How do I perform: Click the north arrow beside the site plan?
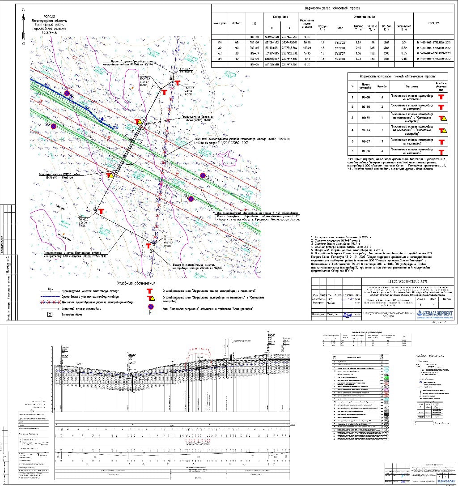coord(22,30)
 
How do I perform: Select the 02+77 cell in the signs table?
coord(365,141)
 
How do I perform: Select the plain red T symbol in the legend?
coord(151,290)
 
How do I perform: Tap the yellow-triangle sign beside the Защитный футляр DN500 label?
coord(110,175)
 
